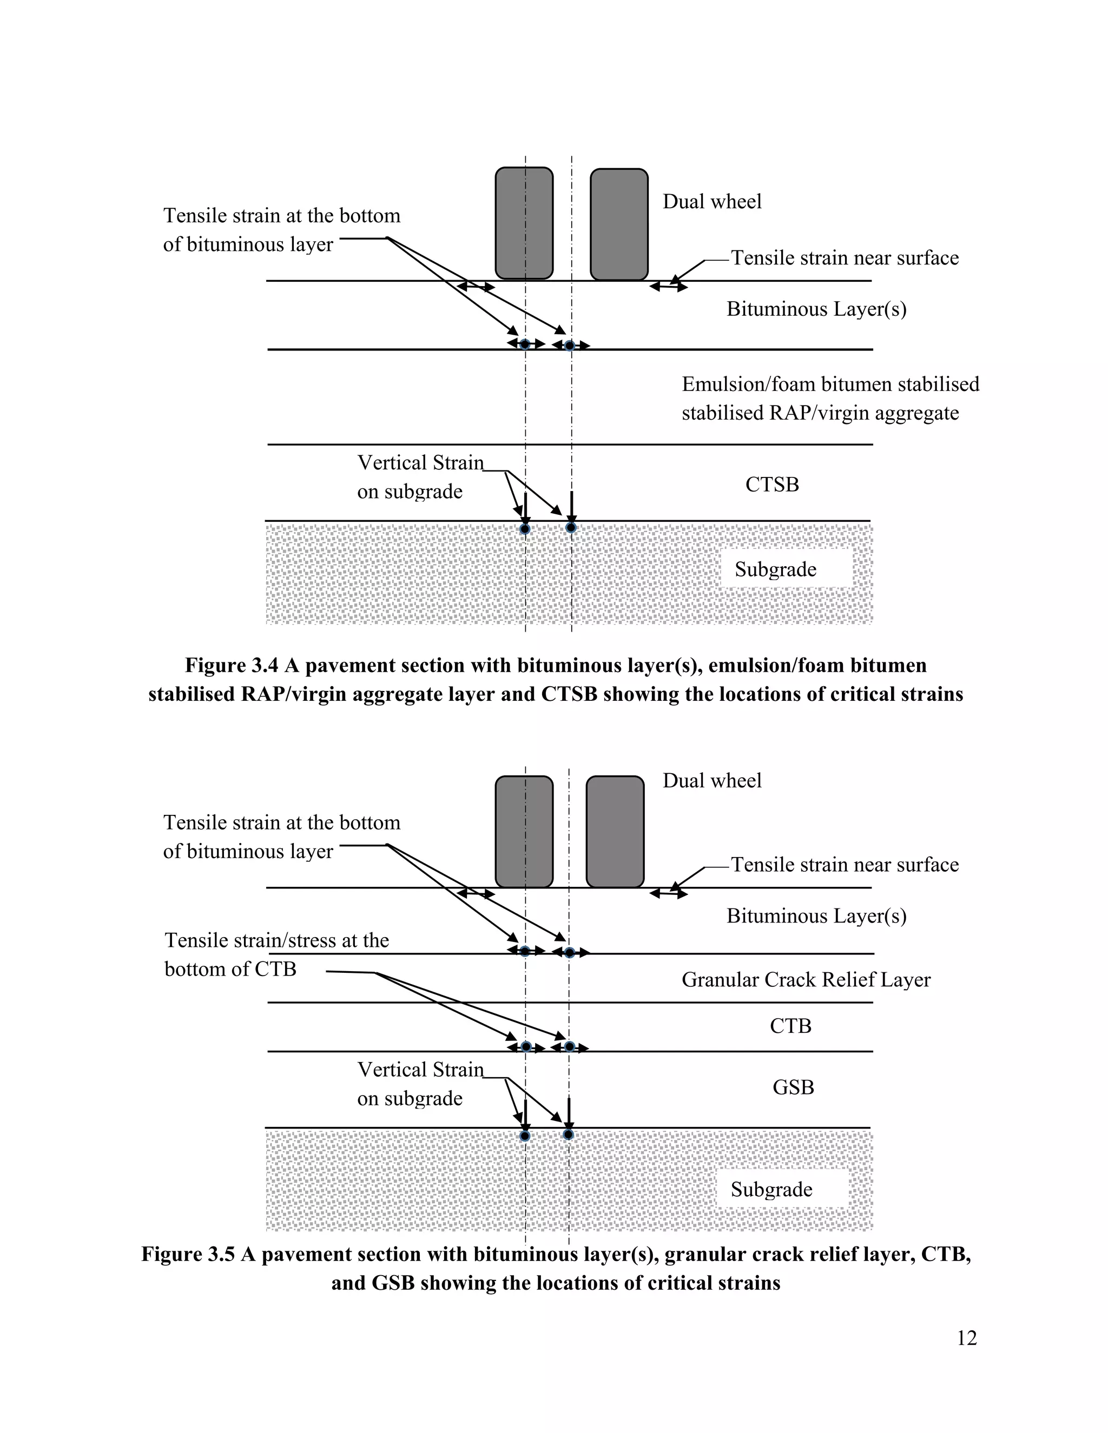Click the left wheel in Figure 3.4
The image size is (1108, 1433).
coord(524,223)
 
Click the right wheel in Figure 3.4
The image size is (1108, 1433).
coord(619,224)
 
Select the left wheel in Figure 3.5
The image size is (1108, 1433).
coord(524,831)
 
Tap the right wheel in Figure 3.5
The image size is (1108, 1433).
coord(615,831)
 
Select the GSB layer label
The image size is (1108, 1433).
coord(793,1087)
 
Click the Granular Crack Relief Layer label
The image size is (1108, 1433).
coord(806,980)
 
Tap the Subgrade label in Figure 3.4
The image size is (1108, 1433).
coord(775,569)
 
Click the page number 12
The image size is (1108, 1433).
coord(966,1338)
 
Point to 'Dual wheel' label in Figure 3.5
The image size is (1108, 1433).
coord(712,781)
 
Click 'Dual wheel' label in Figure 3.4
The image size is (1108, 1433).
coord(712,202)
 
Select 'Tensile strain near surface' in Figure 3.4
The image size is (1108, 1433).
coord(845,258)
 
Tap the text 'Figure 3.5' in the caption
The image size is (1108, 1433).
coord(188,1254)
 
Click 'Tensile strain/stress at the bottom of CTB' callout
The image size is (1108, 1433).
coord(276,954)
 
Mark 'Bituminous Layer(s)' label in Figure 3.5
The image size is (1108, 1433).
coord(816,916)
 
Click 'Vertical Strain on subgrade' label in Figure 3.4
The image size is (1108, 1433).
coord(420,477)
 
